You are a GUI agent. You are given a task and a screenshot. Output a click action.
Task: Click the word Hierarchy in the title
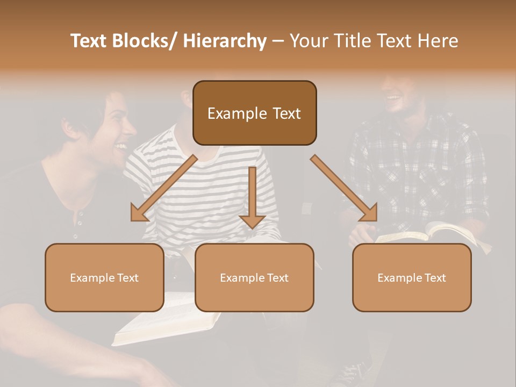(225, 41)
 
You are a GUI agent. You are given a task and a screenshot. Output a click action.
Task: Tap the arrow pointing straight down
(252, 199)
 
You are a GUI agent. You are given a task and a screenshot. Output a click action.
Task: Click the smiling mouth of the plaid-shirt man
(393, 98)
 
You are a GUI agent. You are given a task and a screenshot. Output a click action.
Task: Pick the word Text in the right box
(435, 278)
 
